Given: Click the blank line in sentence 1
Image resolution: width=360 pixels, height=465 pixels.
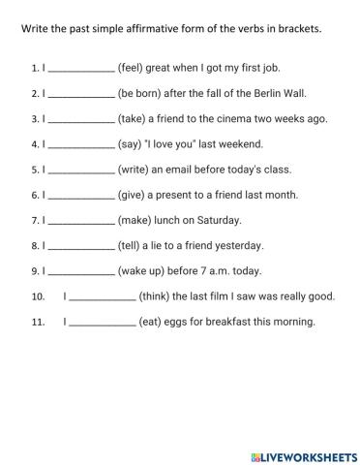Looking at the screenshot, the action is coord(80,71).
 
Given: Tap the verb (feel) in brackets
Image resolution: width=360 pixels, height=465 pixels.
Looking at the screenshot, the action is coord(133,69).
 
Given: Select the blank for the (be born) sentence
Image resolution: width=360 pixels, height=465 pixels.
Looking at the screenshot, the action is coord(80,96).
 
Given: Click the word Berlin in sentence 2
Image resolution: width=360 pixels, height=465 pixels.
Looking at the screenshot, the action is coord(274,94).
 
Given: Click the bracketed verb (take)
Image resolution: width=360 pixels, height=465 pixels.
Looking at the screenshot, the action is coord(135,119).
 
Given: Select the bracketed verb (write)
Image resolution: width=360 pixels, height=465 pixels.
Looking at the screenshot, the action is coord(135,170).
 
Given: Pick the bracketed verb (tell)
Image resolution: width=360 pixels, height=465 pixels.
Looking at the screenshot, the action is coord(132,245).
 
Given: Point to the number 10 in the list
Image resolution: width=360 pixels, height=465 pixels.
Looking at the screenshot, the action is coord(39,296).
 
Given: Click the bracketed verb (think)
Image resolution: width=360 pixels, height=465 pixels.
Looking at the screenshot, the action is coord(160,295).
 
